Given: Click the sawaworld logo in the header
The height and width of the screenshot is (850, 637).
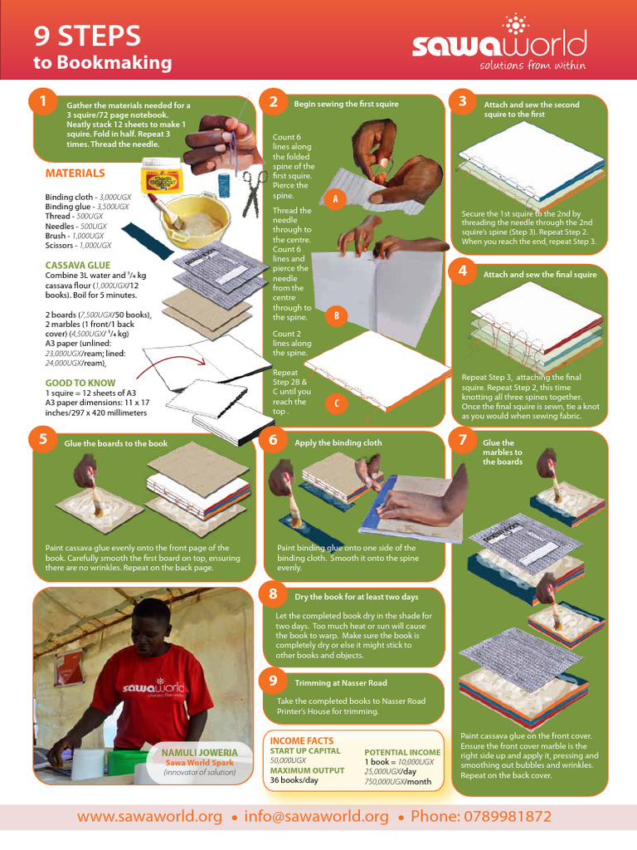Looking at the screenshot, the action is [498, 42].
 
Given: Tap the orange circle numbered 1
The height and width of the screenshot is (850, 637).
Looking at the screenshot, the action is [43, 100].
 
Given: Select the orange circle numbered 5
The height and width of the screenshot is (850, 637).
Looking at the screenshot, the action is [43, 439].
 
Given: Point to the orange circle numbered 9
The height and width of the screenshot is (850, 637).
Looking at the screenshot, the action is [273, 680].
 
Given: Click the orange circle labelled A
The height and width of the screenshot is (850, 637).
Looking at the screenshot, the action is [335, 199].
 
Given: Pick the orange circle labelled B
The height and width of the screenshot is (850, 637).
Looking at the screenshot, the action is [337, 316].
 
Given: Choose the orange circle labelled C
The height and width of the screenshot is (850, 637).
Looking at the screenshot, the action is [337, 403].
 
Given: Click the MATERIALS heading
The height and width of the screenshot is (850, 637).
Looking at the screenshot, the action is [75, 173].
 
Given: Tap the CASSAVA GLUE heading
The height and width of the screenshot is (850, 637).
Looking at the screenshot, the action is [77, 265].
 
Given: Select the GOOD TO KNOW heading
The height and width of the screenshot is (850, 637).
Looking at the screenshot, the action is [80, 383].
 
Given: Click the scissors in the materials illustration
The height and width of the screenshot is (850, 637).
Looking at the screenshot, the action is [254, 193].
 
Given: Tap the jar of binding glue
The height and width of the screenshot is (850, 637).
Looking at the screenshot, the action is [161, 175].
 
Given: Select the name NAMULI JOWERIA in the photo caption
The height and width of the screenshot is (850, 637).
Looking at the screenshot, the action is [199, 752].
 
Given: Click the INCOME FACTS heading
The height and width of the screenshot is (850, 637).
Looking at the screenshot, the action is [302, 740].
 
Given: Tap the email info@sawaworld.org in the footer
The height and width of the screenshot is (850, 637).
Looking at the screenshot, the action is [316, 817].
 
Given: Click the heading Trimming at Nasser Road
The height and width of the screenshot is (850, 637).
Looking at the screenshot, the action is [341, 683].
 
